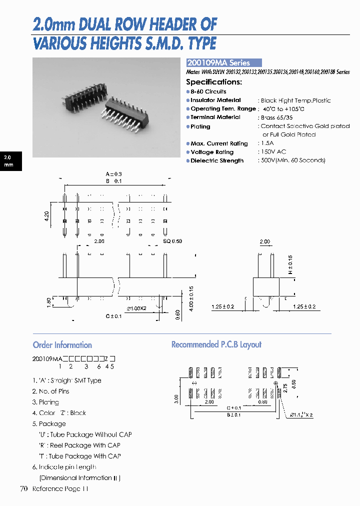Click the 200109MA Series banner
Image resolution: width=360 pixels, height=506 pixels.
coord(223,63)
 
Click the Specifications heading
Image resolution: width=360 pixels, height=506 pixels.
coord(214,82)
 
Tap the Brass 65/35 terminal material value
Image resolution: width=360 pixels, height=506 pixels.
coord(276,117)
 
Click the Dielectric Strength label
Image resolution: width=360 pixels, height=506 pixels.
coord(217,161)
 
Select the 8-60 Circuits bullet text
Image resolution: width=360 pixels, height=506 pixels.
coord(208,91)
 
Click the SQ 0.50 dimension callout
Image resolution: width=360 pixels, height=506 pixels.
coord(172,241)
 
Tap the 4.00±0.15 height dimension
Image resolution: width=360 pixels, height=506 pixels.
coord(191,299)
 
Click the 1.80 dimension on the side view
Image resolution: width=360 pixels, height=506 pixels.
coord(48,303)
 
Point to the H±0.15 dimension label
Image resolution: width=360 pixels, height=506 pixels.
coord(290,264)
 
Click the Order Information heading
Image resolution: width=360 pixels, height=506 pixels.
coord(62,345)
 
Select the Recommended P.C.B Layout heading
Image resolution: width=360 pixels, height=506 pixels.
coord(216,344)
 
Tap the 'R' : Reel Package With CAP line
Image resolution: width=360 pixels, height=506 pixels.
coord(79,445)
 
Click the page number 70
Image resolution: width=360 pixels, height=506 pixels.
coord(23,488)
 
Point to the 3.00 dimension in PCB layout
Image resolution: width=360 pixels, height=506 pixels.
coord(176,398)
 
